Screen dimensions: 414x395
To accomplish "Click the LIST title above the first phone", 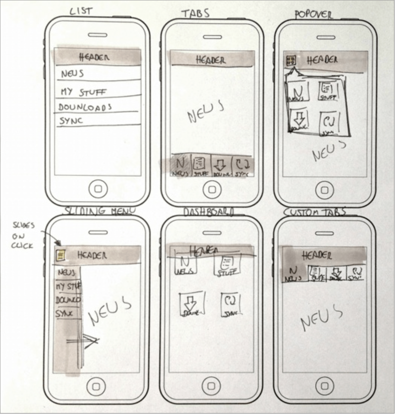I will pos(81,11).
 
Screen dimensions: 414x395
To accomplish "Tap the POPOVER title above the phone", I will pos(313,15).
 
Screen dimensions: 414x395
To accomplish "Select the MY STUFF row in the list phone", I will pos(83,92).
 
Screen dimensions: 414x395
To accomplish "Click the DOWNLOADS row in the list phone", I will pos(85,107).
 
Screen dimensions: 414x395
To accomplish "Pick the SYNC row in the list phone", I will pos(71,121).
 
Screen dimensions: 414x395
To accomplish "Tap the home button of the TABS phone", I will pos(212,190).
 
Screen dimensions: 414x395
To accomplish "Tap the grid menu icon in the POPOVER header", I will pos(291,61).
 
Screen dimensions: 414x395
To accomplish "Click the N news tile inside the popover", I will pos(298,92).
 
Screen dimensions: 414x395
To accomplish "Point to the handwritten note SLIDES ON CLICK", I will pos(23,235).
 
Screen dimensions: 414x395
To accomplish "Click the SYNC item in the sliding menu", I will pos(64,314).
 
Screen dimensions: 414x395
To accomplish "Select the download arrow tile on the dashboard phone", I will pos(192,304).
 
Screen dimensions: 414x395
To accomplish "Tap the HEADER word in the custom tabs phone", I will pos(317,256).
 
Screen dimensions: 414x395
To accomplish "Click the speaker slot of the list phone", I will pos(98,35).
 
